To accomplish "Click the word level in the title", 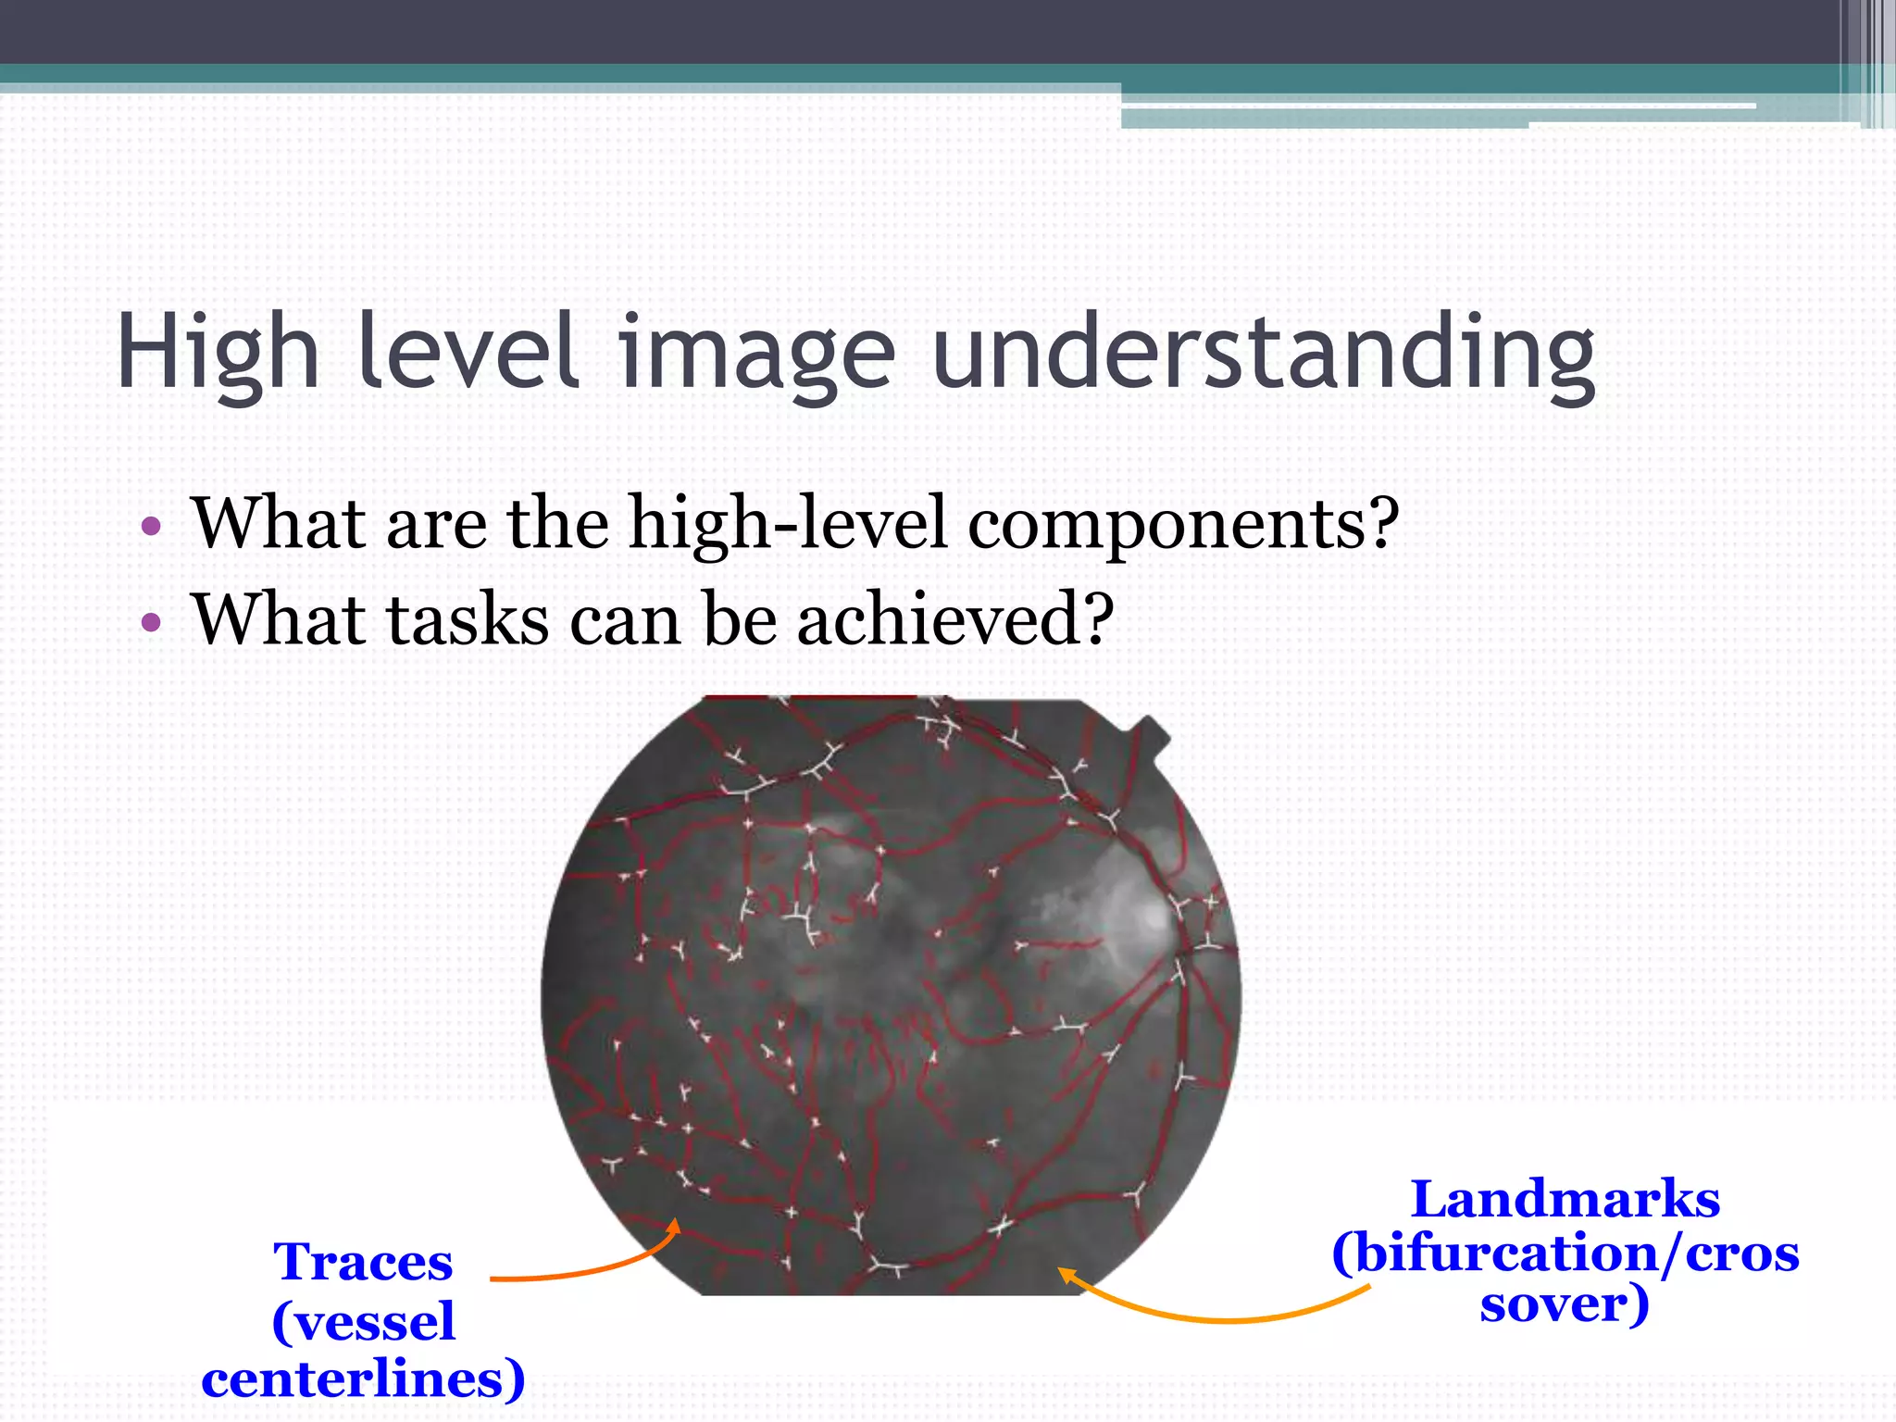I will pyautogui.click(x=468, y=352).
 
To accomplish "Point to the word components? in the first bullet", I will pyautogui.click(x=1183, y=524).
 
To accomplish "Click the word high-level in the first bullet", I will pyautogui.click(x=788, y=524).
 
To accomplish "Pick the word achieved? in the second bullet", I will pyautogui.click(x=954, y=620).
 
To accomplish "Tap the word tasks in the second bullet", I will pyautogui.click(x=468, y=620).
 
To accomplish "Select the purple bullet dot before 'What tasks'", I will pyautogui.click(x=151, y=622).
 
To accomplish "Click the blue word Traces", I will pyautogui.click(x=363, y=1263).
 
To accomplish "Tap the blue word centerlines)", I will pyautogui.click(x=363, y=1379).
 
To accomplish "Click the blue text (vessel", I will pyautogui.click(x=363, y=1322).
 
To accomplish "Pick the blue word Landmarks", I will pyautogui.click(x=1565, y=1200).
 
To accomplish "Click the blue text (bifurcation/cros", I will pyautogui.click(x=1565, y=1254).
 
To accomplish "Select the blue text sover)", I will pyautogui.click(x=1565, y=1305).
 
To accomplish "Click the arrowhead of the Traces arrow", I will pyautogui.click(x=676, y=1226).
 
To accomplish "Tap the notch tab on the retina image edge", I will pyautogui.click(x=1150, y=733).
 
